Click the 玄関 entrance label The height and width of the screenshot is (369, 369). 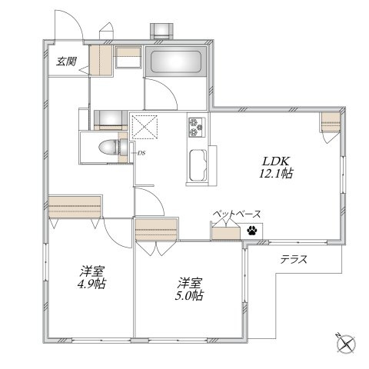click(x=66, y=61)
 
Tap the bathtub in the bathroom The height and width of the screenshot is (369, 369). click(x=176, y=61)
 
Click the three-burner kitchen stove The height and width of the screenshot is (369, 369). click(x=197, y=127)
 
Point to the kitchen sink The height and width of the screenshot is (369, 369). click(x=198, y=165)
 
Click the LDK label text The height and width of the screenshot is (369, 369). click(x=275, y=161)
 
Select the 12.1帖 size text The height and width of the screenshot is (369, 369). click(x=276, y=174)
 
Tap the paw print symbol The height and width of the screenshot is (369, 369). click(x=251, y=231)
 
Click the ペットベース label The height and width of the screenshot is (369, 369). click(x=237, y=214)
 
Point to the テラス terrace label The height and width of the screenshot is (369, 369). click(x=294, y=259)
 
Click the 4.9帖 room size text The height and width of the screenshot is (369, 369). click(x=91, y=284)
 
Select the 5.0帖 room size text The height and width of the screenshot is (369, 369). click(x=189, y=295)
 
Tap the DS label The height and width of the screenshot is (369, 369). click(x=141, y=153)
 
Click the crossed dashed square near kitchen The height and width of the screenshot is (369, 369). click(x=145, y=127)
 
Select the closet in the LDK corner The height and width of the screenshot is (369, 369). click(x=331, y=122)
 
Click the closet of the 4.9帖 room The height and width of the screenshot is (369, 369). click(x=75, y=207)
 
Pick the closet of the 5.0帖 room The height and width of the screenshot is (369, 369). click(x=156, y=230)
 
